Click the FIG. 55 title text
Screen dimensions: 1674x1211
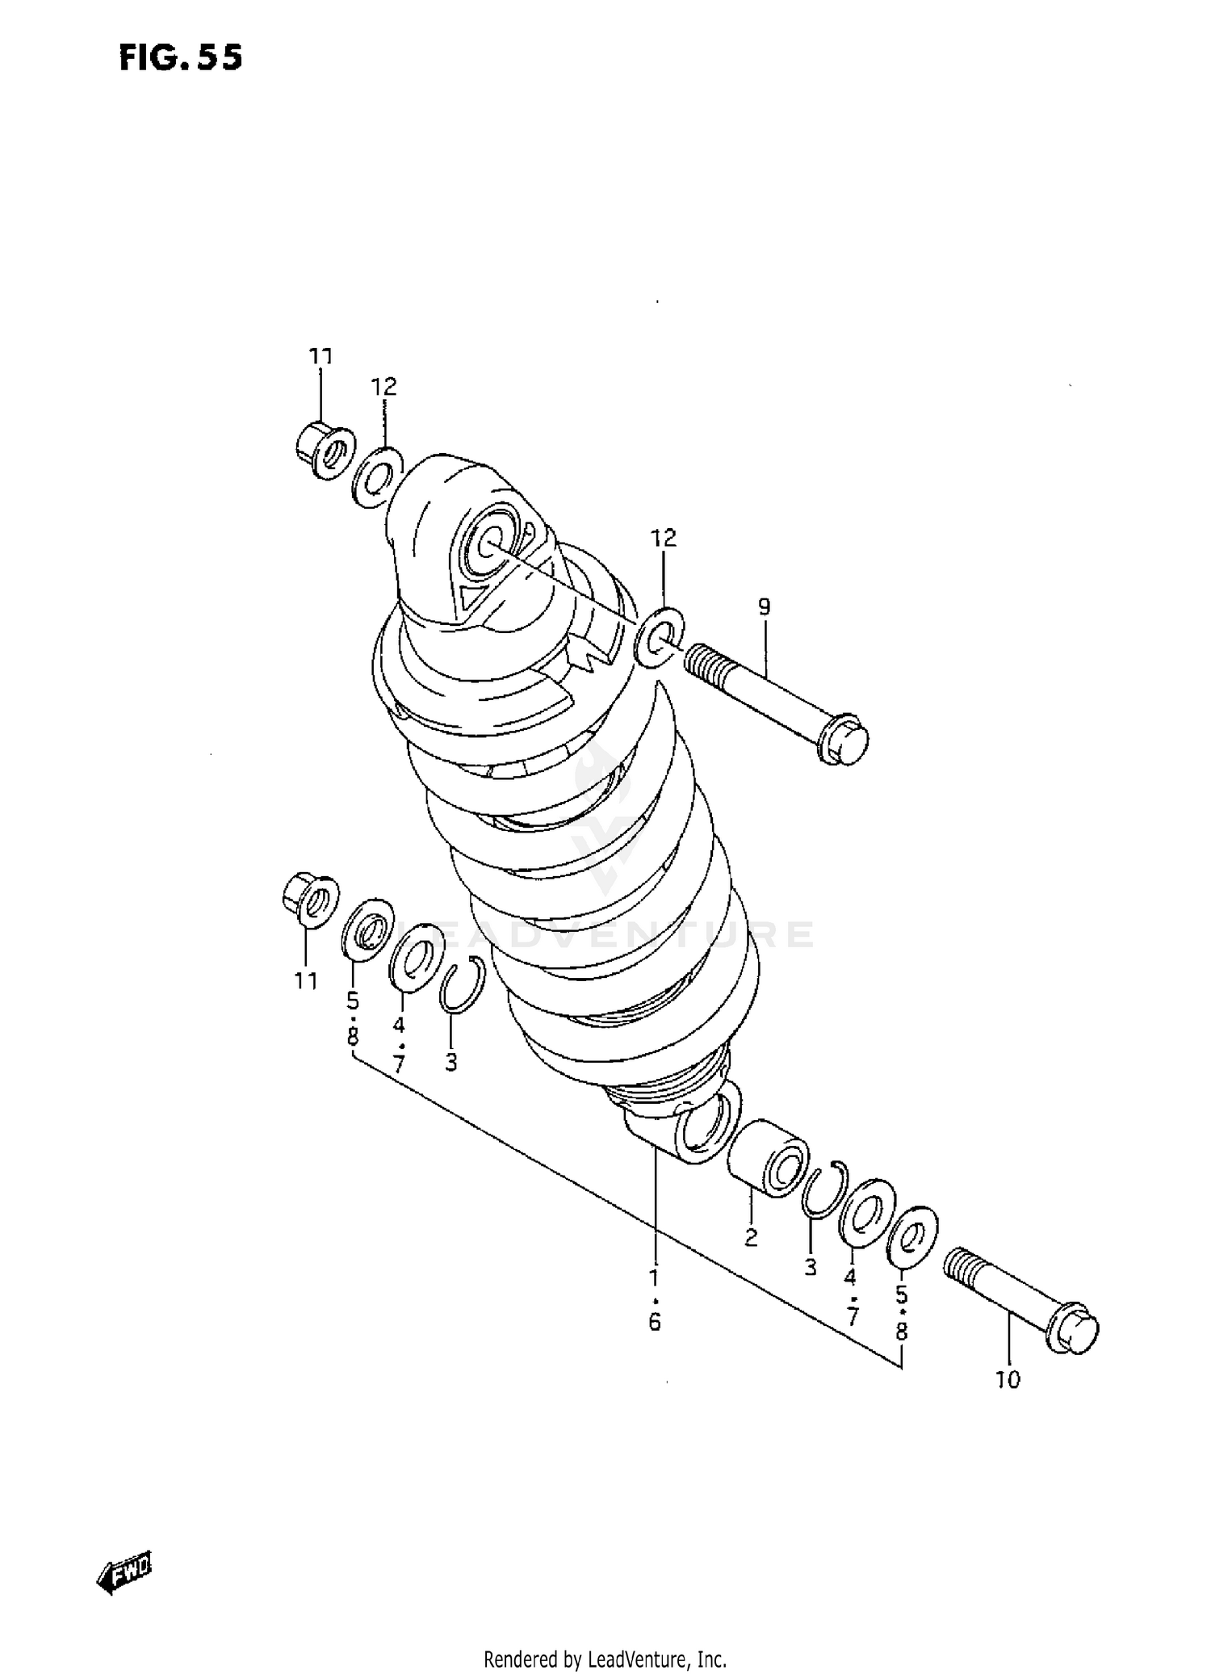(180, 58)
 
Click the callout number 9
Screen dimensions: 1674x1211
(764, 606)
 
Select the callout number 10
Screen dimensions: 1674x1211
(1008, 1379)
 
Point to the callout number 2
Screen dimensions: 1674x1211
(751, 1237)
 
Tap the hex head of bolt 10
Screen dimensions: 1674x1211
(1077, 1332)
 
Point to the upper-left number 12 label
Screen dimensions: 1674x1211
(384, 387)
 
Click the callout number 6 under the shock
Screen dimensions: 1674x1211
(654, 1322)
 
